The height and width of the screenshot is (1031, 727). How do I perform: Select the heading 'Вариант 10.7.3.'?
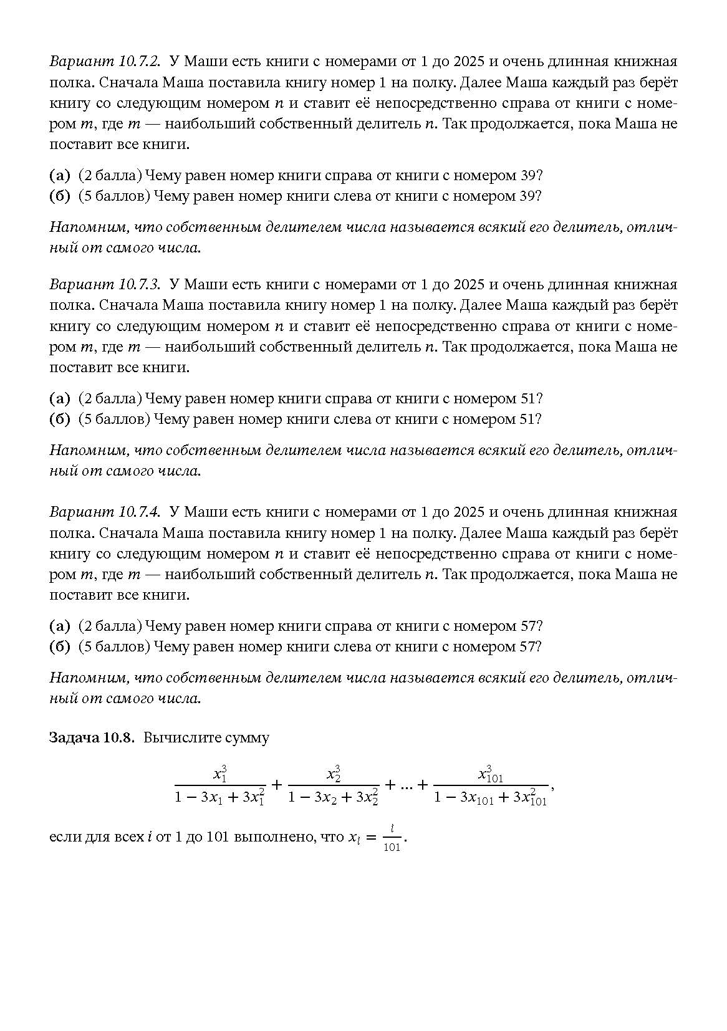(x=105, y=284)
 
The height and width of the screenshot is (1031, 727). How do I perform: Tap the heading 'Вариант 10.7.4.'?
(x=105, y=512)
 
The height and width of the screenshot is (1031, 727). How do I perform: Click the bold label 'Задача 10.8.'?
(x=92, y=737)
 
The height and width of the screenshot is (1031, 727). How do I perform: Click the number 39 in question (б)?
(x=526, y=196)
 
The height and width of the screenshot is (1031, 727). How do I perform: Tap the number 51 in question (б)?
(x=526, y=418)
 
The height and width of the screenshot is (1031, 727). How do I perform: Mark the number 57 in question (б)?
(x=526, y=646)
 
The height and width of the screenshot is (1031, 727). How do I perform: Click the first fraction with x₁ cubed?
(x=220, y=785)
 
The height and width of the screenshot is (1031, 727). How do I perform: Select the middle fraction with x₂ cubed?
(x=334, y=785)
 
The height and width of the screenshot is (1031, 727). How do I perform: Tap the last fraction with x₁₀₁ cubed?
(x=490, y=785)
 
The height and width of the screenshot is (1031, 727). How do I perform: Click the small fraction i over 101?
(x=392, y=838)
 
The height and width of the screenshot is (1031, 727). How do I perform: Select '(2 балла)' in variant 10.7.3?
(x=110, y=398)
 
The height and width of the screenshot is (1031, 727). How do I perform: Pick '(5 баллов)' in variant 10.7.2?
(x=114, y=196)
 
